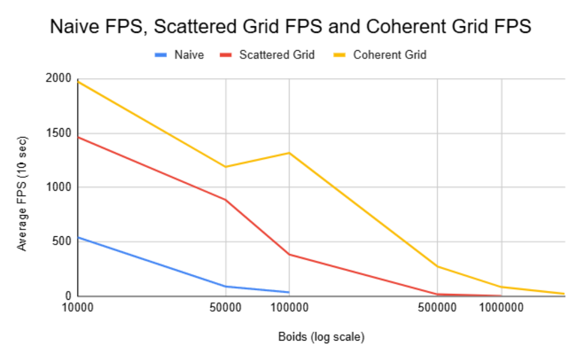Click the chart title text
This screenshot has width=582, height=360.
[x=291, y=27]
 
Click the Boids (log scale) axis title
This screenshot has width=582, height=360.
[x=321, y=337]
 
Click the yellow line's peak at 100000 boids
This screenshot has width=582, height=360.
[x=290, y=153]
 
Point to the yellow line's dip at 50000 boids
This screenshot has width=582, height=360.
[x=226, y=167]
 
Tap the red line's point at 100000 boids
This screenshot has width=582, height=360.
[x=290, y=255]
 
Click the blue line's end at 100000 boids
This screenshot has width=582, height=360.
[x=289, y=292]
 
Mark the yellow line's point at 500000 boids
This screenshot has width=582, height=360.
[x=437, y=266]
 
